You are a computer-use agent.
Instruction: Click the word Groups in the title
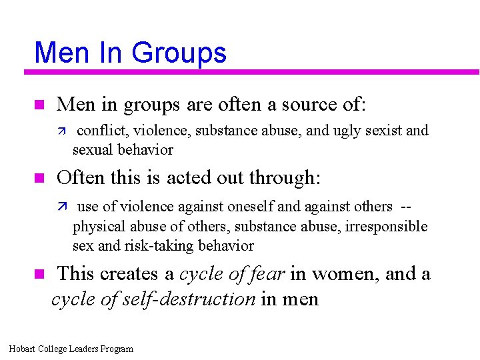(179, 53)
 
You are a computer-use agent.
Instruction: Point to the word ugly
(361, 131)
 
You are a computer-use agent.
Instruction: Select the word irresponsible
(386, 227)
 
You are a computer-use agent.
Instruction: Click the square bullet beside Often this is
(39, 178)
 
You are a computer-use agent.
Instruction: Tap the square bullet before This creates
(39, 274)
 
